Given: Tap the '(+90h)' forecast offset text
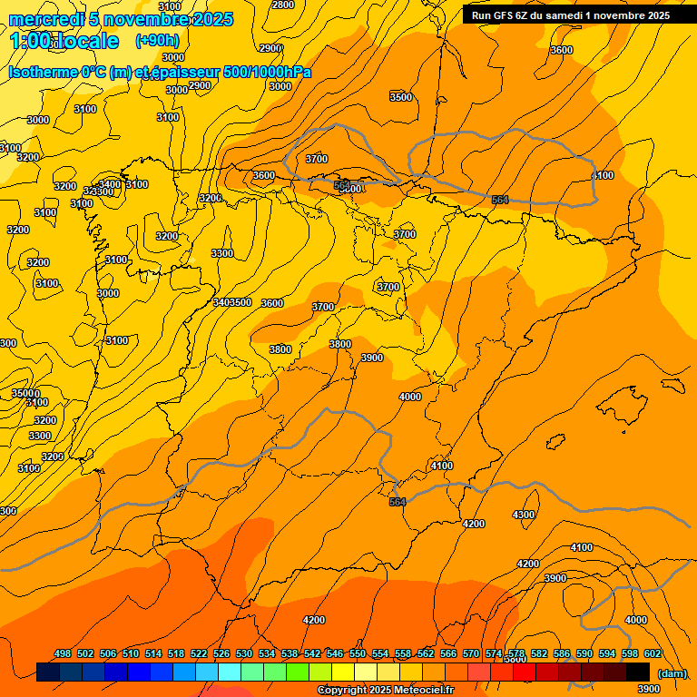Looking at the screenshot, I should click(157, 41).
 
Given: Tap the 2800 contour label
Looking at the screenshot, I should click(283, 5).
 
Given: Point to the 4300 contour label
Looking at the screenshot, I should click(524, 515).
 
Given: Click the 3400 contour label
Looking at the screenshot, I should click(110, 184).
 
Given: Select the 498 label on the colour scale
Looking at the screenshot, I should click(63, 653).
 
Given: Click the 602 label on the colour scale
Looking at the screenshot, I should click(653, 653).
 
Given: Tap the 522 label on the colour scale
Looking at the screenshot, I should click(199, 653).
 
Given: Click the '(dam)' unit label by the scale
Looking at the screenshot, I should click(672, 672).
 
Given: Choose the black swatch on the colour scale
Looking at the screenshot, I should click(638, 672).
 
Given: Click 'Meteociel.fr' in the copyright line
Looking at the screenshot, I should click(423, 691).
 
